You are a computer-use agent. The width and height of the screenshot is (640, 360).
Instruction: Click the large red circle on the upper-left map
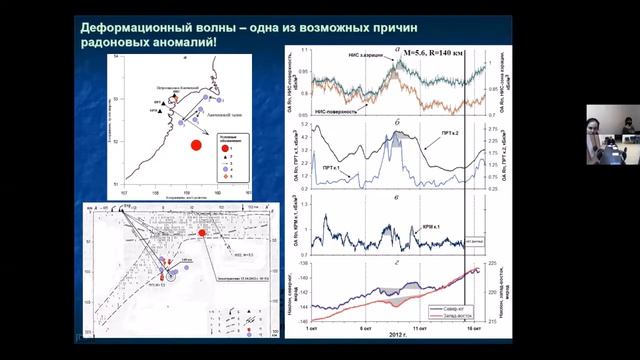pos(197,145)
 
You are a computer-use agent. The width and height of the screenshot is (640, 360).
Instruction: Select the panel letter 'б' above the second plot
pos(397,125)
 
